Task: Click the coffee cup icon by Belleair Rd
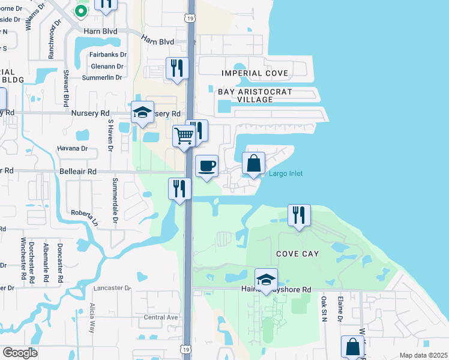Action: click(206, 166)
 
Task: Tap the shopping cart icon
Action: click(184, 135)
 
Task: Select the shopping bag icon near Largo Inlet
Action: click(254, 163)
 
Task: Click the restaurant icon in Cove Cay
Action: click(299, 215)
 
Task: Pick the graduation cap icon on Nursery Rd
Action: click(142, 112)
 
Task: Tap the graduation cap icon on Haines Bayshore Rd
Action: click(266, 280)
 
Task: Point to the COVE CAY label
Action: click(297, 254)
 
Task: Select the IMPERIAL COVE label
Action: click(255, 73)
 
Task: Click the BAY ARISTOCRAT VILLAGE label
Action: click(255, 95)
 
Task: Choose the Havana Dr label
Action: click(72, 148)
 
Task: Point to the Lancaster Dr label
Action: click(112, 288)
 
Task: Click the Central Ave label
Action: click(161, 317)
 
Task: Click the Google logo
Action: click(20, 352)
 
